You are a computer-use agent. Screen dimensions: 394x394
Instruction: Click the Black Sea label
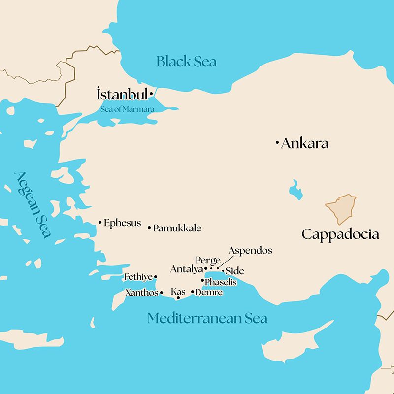tap(186, 62)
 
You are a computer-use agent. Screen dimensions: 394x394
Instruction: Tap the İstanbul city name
tap(123, 94)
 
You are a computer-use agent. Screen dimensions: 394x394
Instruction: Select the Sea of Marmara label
tap(128, 109)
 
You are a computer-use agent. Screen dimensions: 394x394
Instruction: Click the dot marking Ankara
tap(277, 143)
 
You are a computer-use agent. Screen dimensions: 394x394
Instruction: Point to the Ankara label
tap(304, 144)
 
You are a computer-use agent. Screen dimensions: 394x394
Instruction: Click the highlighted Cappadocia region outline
tap(340, 209)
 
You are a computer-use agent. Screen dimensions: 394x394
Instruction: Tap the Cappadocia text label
tap(340, 234)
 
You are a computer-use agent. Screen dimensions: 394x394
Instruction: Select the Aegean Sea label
tap(33, 204)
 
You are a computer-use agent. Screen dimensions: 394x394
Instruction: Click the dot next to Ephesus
tap(100, 223)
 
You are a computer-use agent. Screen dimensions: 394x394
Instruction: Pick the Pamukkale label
tap(177, 228)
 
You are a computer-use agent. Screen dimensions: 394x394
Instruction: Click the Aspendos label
tap(250, 251)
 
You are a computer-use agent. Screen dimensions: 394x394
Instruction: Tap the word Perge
tap(208, 260)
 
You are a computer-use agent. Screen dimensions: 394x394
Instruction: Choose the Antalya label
tap(187, 269)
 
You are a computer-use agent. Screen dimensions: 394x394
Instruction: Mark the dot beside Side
tap(223, 270)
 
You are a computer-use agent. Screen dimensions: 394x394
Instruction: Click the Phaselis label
tap(221, 282)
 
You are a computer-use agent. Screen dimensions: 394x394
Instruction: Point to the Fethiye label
tap(138, 277)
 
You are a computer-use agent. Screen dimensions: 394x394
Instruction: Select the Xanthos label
tap(142, 293)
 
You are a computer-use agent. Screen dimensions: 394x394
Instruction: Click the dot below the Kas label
tap(178, 298)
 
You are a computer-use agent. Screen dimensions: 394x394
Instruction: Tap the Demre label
tap(209, 292)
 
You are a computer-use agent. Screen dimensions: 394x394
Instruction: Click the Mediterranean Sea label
tap(207, 318)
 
